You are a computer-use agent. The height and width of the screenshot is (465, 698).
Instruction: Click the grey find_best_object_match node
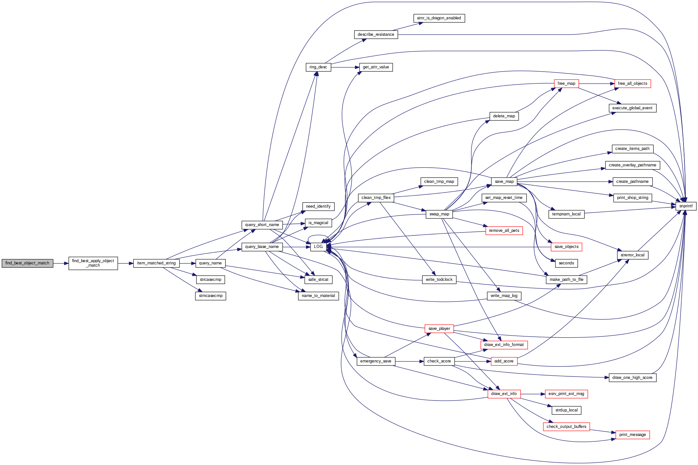(27, 263)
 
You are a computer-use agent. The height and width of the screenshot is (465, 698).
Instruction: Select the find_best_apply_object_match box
(93, 263)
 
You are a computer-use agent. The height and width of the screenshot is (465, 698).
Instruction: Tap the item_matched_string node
(156, 263)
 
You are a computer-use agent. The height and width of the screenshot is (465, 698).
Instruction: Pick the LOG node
(318, 247)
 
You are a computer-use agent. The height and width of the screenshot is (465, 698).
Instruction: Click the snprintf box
(686, 206)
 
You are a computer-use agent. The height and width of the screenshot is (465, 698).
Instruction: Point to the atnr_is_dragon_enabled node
(439, 18)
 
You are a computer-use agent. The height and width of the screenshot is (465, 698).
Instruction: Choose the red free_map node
(566, 84)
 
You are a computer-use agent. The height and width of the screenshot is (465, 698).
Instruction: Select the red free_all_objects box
(632, 84)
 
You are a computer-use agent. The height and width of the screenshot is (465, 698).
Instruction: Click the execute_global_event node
(632, 108)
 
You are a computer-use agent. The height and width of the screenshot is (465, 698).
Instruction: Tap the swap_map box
(439, 214)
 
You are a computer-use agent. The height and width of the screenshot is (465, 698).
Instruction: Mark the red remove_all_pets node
(504, 231)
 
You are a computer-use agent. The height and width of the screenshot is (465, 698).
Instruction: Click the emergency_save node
(376, 361)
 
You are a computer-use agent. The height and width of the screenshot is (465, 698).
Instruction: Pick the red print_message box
(632, 435)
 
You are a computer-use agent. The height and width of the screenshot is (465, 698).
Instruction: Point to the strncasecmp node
(211, 296)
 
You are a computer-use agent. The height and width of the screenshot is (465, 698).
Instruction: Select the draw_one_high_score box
(632, 378)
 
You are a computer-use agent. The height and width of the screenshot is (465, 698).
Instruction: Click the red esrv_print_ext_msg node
(566, 394)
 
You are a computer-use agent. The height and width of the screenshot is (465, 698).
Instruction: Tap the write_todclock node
(439, 280)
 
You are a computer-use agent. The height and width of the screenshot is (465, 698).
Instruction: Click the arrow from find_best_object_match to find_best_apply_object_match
(61, 263)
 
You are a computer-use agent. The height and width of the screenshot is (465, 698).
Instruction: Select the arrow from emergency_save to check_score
(409, 361)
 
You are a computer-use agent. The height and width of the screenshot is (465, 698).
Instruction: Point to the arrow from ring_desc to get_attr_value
(345, 67)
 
